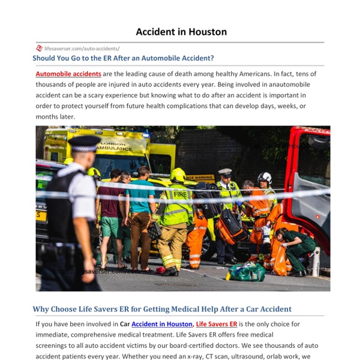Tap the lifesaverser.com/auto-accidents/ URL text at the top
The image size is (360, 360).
pos(82,48)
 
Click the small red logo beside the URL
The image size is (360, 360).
pos(39,48)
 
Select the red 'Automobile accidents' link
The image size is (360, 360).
pos(68,74)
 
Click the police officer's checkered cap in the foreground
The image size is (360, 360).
pos(85,142)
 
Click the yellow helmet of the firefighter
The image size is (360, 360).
pos(178,175)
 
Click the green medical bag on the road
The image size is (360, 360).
pos(247,272)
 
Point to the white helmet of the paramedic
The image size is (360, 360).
pos(265,178)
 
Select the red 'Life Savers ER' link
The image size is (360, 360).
pos(217,324)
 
